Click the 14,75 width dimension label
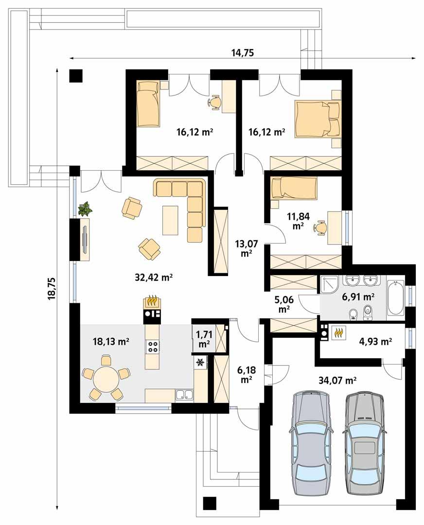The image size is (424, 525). (x=243, y=53)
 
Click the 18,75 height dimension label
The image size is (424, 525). (x=52, y=290)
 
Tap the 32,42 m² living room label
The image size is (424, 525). (x=154, y=278)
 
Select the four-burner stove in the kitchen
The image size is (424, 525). (x=153, y=347)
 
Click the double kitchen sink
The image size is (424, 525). (x=184, y=394)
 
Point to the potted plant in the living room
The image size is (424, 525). (x=85, y=209)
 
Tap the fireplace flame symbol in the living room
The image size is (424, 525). (x=152, y=301)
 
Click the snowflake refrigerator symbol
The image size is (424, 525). (x=199, y=362)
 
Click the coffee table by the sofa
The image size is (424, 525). (x=170, y=220)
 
